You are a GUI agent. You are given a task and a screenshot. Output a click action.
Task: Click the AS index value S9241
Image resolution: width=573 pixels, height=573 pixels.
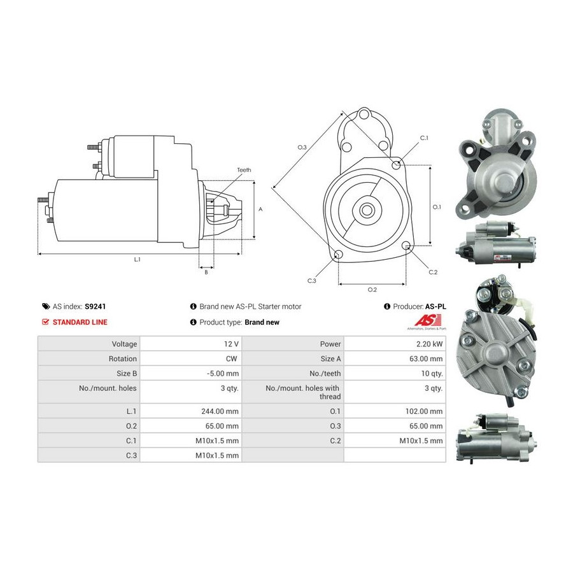point(95,307)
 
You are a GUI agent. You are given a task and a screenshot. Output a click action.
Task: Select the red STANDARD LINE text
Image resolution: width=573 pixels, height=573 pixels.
point(80,322)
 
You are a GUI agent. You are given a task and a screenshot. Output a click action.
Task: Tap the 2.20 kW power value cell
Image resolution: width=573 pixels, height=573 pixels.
point(429,344)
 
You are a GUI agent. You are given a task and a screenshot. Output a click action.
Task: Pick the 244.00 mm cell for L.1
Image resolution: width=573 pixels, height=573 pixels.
point(220,411)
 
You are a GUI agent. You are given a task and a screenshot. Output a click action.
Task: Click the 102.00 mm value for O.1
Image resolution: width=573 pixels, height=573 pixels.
point(424,411)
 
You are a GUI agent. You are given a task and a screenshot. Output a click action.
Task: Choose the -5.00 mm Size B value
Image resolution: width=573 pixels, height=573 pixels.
point(223,374)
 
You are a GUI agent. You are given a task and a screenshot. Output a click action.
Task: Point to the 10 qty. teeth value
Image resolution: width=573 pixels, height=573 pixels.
point(432,374)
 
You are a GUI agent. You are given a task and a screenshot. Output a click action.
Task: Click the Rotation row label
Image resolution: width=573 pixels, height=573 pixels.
point(123,359)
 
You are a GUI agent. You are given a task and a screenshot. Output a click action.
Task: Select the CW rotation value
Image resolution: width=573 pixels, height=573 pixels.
point(231,359)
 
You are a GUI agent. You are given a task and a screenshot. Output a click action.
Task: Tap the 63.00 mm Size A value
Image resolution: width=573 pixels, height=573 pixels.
point(426,359)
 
